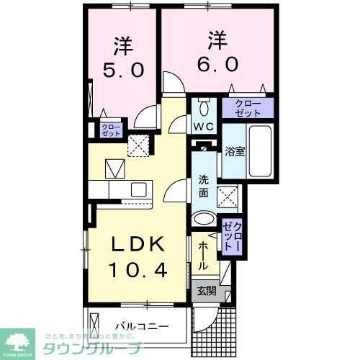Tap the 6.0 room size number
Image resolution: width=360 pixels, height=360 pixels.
click(x=215, y=63)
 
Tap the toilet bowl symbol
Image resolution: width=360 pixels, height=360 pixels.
click(x=203, y=109)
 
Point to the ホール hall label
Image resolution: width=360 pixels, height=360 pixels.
click(x=204, y=256)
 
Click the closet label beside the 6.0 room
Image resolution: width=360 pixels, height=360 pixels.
click(x=247, y=109)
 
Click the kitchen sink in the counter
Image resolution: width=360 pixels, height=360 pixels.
click(x=138, y=189)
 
